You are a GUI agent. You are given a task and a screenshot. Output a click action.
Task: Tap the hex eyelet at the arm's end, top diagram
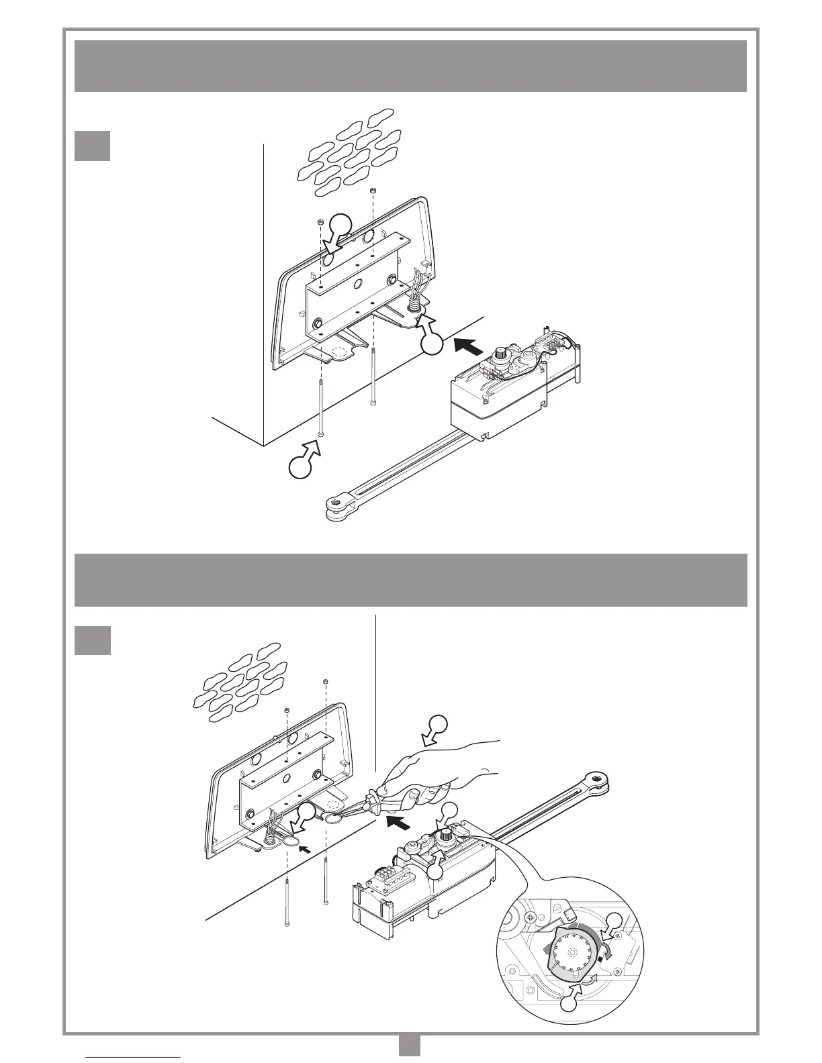tap(333, 504)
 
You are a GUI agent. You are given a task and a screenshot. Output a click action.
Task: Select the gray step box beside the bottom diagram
tap(92, 640)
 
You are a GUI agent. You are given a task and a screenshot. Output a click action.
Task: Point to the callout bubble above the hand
tap(438, 725)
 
